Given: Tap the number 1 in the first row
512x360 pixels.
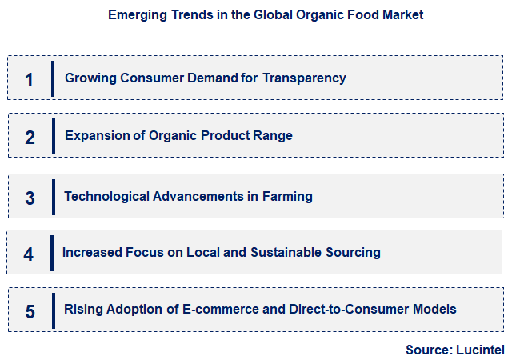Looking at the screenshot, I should [x=30, y=79].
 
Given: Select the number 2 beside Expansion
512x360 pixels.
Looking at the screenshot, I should [x=30, y=137].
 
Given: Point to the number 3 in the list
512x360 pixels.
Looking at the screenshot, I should [x=30, y=198].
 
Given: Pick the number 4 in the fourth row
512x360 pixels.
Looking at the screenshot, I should [x=29, y=254].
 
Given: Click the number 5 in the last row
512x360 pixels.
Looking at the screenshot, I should [x=30, y=311].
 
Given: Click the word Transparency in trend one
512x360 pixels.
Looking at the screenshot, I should [x=306, y=78].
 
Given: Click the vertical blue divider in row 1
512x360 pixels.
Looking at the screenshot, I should [x=53, y=78].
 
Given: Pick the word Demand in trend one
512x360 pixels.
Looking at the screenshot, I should [x=202, y=78].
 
